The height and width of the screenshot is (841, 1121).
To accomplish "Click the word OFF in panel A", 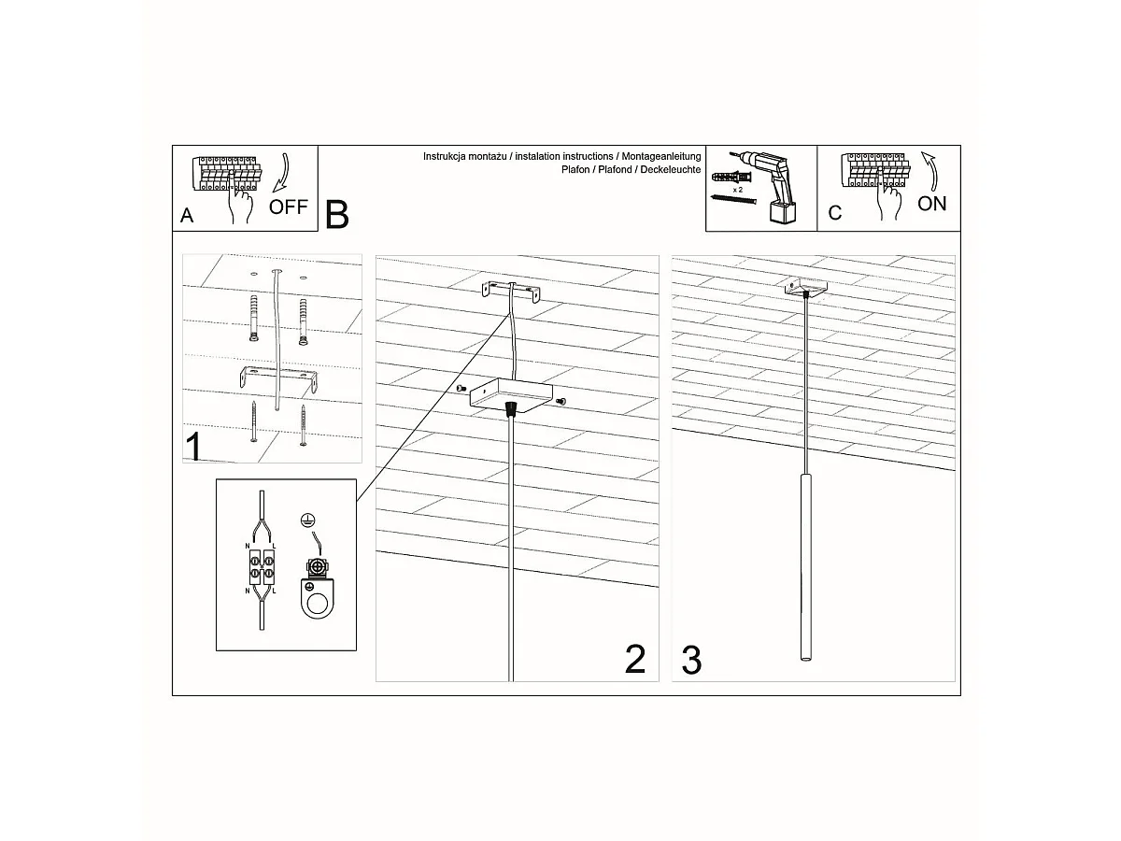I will coord(288,207).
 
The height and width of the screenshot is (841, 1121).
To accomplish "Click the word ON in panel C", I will coord(931,204).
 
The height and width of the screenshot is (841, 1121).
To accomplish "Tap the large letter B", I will coord(337,214).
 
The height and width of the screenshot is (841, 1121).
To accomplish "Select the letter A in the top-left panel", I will coord(187,216).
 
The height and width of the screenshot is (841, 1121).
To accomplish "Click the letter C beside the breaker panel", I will coord(834,213).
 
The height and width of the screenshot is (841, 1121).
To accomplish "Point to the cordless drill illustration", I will coord(772,187).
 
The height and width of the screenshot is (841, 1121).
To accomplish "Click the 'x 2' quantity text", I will coord(738,189).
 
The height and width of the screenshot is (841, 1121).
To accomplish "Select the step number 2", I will coord(634,660).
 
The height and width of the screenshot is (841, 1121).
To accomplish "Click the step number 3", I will coord(691,660).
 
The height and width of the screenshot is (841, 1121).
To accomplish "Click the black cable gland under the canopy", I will coord(510,408).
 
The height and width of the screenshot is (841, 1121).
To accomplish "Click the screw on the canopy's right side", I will coord(560,401).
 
